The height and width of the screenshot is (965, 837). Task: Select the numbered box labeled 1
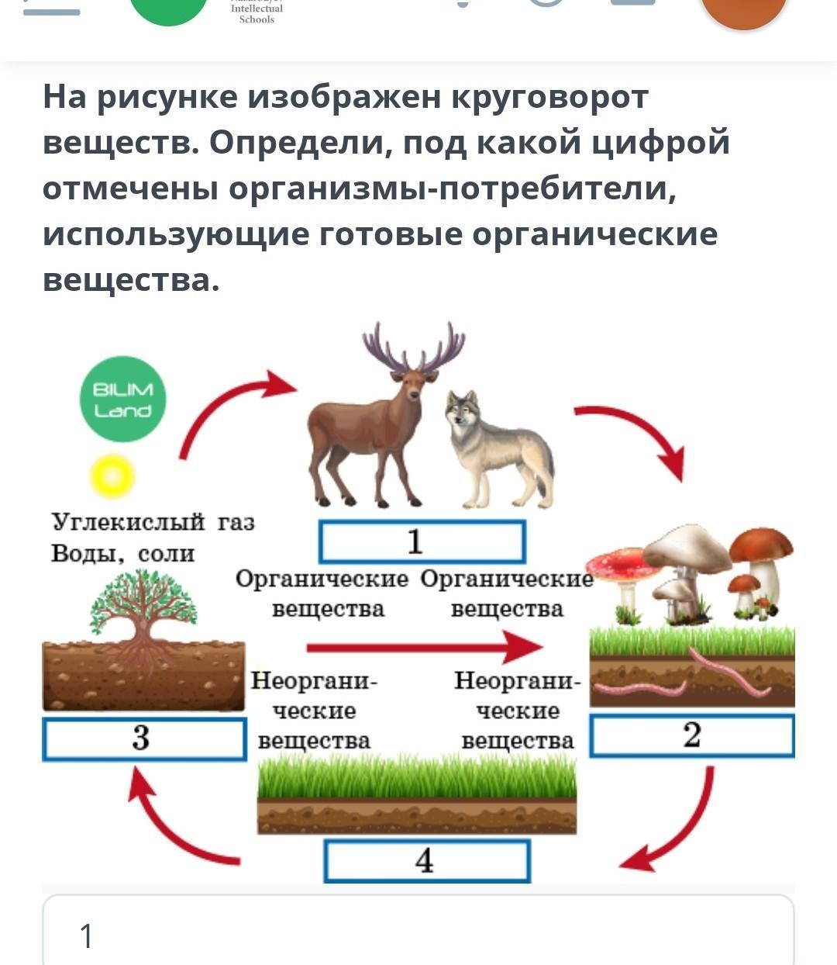pos(422,541)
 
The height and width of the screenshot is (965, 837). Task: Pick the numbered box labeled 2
pos(692,735)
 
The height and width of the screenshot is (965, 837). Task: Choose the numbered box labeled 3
pos(143,738)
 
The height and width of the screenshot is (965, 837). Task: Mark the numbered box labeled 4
pos(426,861)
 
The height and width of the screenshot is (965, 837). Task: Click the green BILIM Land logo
pos(123,399)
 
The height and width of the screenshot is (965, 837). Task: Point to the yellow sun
pos(112,476)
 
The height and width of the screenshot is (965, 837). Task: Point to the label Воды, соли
pos(122,553)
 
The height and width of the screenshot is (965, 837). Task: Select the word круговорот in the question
pos(549,97)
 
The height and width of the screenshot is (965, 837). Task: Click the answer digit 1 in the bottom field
pos(87,936)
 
